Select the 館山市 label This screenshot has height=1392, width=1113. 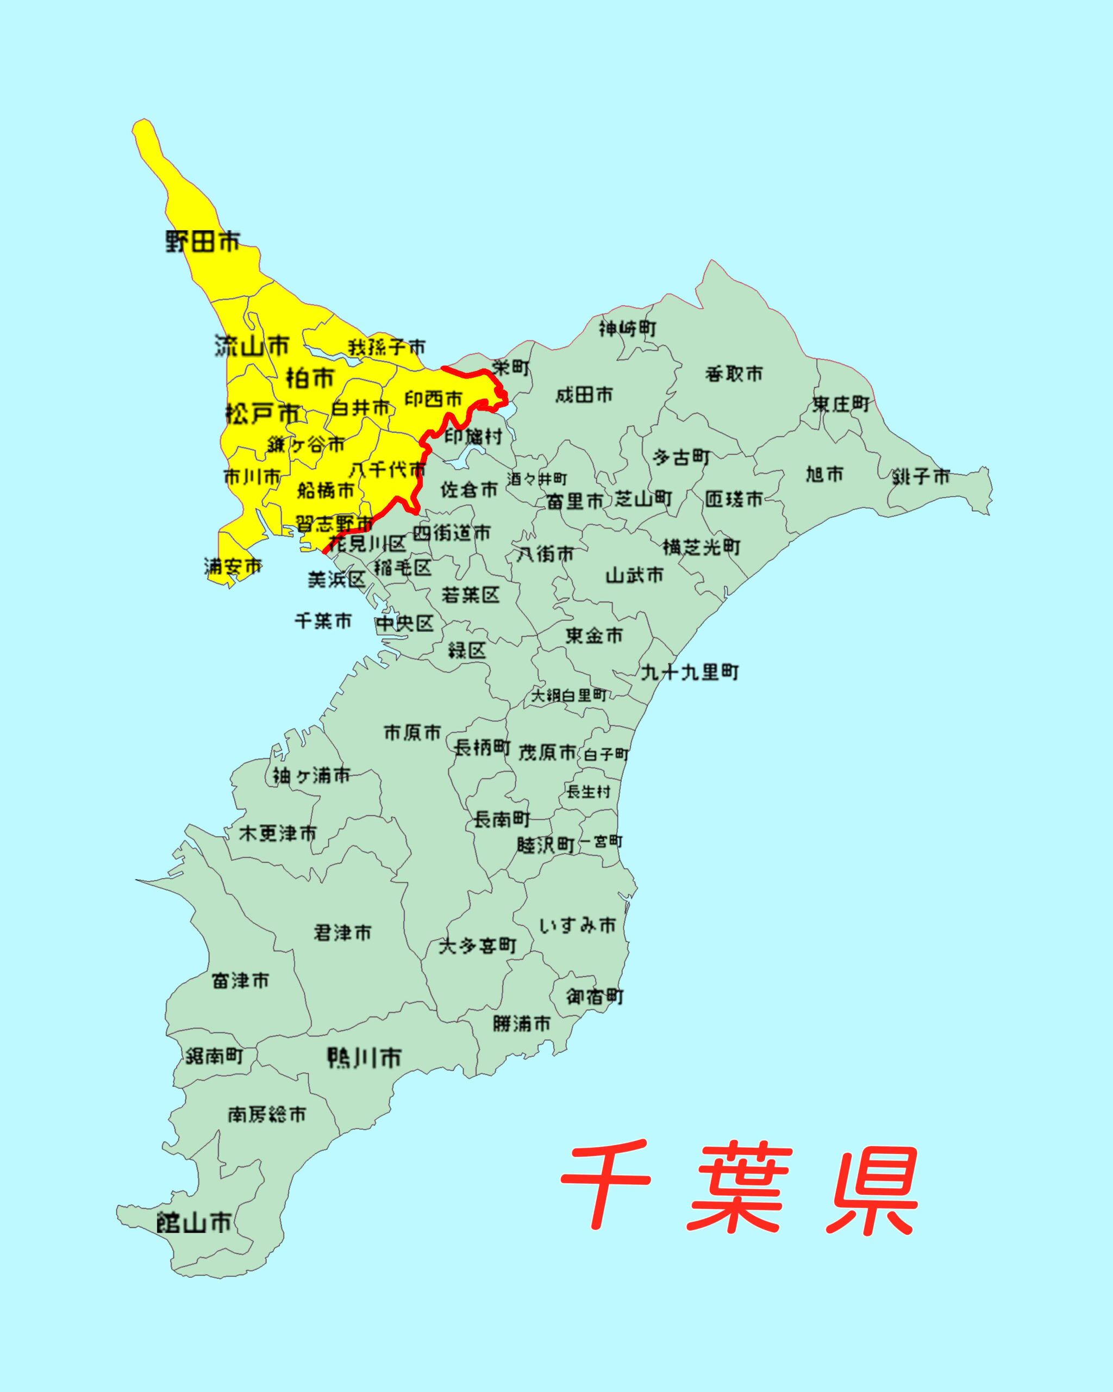click(194, 1222)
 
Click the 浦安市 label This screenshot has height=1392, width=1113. click(233, 566)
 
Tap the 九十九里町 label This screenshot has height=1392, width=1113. click(689, 672)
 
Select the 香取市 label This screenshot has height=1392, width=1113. click(734, 373)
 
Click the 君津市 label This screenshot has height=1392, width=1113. click(342, 933)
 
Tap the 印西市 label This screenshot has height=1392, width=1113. click(434, 399)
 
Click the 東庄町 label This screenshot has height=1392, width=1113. click(841, 404)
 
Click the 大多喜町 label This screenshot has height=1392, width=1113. click(478, 946)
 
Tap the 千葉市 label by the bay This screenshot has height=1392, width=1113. click(323, 621)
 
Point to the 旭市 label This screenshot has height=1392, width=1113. click(824, 475)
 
